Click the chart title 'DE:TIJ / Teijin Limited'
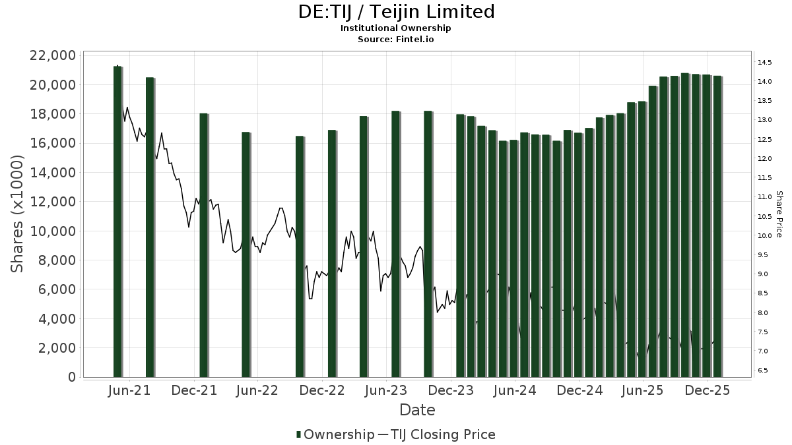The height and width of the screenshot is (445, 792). tap(395, 12)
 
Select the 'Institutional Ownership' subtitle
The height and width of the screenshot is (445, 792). tap(395, 28)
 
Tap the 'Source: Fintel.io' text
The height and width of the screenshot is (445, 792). tap(395, 40)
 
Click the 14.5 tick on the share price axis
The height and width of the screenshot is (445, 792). tap(765, 63)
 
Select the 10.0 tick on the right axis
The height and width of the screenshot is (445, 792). tap(765, 236)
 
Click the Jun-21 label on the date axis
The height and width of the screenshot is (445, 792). tap(129, 390)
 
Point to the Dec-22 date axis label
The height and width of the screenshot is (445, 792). tap(322, 390)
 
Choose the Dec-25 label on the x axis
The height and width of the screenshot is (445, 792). tap(708, 390)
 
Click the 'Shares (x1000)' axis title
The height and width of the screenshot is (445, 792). tap(18, 214)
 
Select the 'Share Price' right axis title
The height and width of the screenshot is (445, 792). tap(779, 214)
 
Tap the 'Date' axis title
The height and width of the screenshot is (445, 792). tap(417, 410)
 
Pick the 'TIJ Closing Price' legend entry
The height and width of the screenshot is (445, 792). tap(443, 434)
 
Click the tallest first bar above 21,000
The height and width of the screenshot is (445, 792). tap(117, 222)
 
